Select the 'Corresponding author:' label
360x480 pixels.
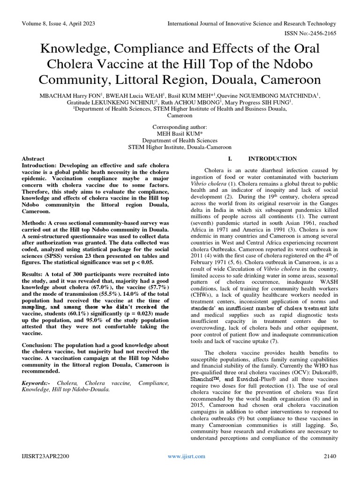[180, 127]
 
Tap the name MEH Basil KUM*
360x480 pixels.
[180, 134]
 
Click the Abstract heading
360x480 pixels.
[33, 159]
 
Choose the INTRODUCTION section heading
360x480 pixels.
[272, 159]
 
